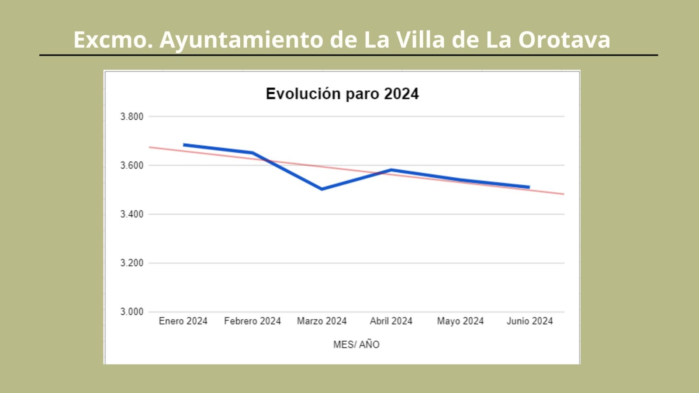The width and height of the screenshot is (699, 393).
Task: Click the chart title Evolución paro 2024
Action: pyautogui.click(x=342, y=94)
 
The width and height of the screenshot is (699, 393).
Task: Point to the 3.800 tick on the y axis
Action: pyautogui.click(x=131, y=117)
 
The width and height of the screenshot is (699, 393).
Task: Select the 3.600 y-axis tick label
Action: pyautogui.click(x=131, y=165)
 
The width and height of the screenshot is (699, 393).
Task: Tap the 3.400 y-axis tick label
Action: pyautogui.click(x=131, y=214)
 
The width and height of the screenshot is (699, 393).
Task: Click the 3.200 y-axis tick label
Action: pyautogui.click(x=131, y=263)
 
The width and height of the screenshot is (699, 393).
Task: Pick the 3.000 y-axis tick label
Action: pyautogui.click(x=131, y=312)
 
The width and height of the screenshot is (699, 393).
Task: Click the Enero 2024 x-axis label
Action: pyautogui.click(x=183, y=321)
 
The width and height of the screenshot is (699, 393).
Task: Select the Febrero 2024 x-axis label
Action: pyautogui.click(x=252, y=321)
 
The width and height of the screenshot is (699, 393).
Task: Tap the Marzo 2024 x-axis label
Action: pyautogui.click(x=322, y=321)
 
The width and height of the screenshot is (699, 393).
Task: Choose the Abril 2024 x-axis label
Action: pyautogui.click(x=391, y=321)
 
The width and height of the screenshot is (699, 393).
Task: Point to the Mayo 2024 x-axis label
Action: pyautogui.click(x=460, y=321)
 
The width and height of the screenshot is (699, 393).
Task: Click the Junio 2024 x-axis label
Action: pyautogui.click(x=529, y=321)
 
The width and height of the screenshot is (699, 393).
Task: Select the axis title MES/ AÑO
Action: pyautogui.click(x=356, y=345)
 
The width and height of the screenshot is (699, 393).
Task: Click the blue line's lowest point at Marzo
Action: pyautogui.click(x=322, y=189)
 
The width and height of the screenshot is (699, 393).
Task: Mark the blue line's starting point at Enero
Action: pyautogui.click(x=184, y=145)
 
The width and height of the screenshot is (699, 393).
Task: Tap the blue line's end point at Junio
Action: pyautogui.click(x=529, y=187)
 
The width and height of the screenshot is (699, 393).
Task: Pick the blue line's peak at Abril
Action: pyautogui.click(x=391, y=170)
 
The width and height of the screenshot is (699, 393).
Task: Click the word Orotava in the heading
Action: pyautogui.click(x=564, y=40)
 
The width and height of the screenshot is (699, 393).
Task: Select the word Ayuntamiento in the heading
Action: pyautogui.click(x=242, y=40)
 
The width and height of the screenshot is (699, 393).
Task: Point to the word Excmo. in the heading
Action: pyautogui.click(x=113, y=40)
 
